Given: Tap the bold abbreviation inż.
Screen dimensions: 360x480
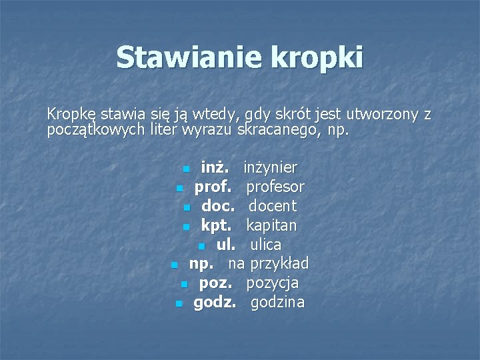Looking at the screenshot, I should [215, 167].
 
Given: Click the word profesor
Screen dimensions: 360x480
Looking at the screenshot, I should [276, 187].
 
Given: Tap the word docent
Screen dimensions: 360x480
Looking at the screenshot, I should [273, 206].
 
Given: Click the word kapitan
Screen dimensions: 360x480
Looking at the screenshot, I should [272, 225].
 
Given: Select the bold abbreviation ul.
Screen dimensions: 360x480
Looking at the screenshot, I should [225, 245].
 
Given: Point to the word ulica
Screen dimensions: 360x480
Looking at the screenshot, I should [266, 245].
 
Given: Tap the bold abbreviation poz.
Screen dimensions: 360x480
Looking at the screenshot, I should [216, 283].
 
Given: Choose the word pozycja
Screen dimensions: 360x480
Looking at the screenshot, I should [273, 283].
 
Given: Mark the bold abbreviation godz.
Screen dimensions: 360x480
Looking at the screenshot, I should [214, 303].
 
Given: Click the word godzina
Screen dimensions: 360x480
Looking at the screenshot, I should [277, 303].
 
